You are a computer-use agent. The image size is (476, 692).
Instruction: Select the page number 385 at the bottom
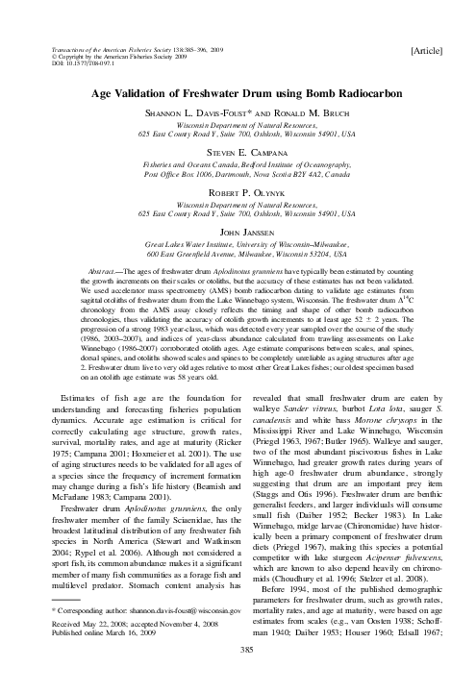click(x=238, y=676)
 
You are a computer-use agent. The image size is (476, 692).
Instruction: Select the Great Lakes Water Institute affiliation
click(x=238, y=244)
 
